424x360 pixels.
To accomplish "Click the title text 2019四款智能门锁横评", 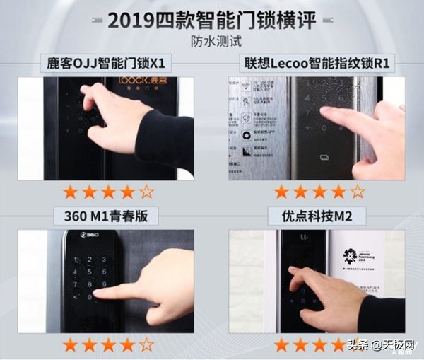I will [212, 21].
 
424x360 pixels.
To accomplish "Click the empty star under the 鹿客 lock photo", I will [146, 192].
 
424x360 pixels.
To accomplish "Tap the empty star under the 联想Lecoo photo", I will [358, 192].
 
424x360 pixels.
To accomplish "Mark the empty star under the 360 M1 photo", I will [146, 346].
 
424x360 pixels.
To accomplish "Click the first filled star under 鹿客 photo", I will [70, 192].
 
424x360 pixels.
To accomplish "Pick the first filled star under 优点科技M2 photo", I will [281, 346].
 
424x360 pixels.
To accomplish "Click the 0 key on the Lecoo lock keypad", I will [325, 129].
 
